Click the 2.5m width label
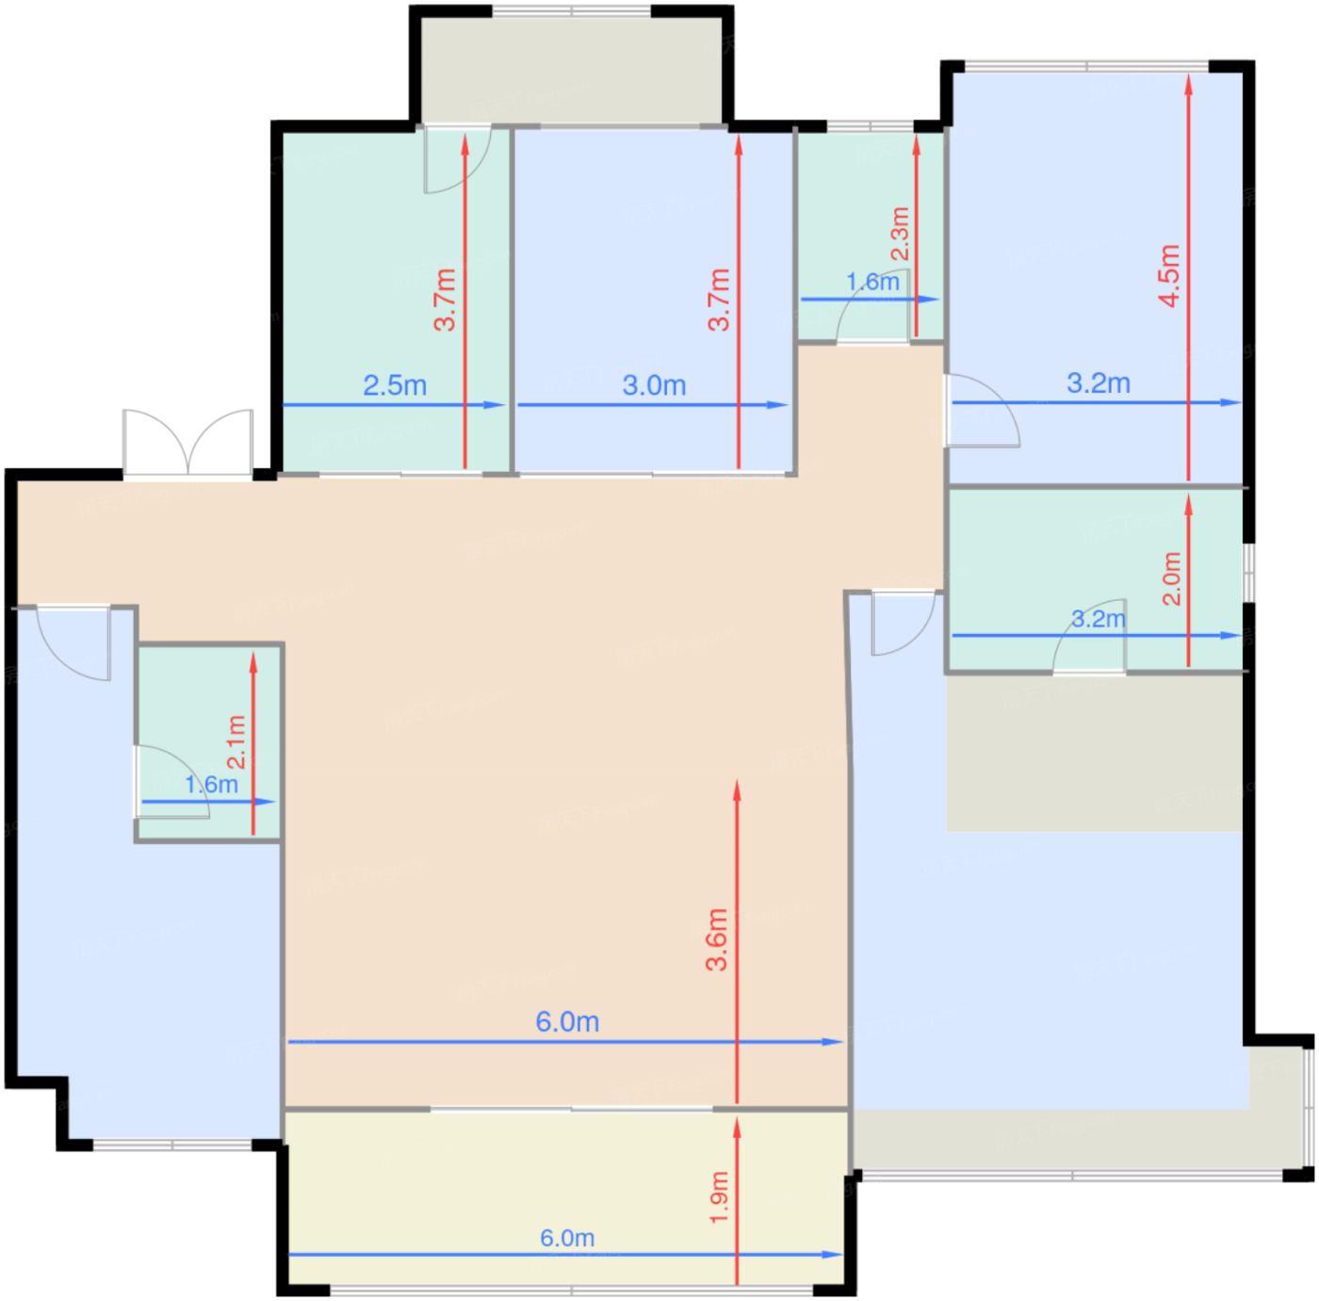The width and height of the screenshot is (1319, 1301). (x=394, y=385)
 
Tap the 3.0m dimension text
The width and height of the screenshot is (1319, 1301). (x=654, y=385)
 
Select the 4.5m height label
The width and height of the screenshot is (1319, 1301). (x=1169, y=276)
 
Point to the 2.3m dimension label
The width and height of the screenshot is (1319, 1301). (x=900, y=234)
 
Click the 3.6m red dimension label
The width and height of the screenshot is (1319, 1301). (x=717, y=940)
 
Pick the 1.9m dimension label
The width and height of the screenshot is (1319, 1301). (x=719, y=1197)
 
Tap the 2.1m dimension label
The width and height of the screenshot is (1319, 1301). (x=236, y=741)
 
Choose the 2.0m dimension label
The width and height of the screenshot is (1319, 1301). (x=1172, y=578)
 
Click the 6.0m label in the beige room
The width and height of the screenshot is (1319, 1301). (x=567, y=1021)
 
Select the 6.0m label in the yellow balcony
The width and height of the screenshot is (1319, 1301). (x=567, y=1238)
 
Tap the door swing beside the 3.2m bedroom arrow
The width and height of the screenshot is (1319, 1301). (x=983, y=411)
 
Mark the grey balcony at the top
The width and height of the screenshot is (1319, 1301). (x=572, y=70)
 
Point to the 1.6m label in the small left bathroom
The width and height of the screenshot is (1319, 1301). (x=211, y=785)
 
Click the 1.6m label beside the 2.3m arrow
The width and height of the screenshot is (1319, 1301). (x=872, y=282)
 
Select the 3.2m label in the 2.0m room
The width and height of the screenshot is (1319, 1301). (x=1098, y=619)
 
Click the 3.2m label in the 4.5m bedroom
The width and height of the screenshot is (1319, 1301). (x=1099, y=382)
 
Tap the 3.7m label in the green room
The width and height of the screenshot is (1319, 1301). (x=445, y=300)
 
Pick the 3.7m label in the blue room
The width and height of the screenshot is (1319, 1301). (x=719, y=300)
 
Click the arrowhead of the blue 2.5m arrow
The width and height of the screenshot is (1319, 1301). (x=496, y=405)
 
